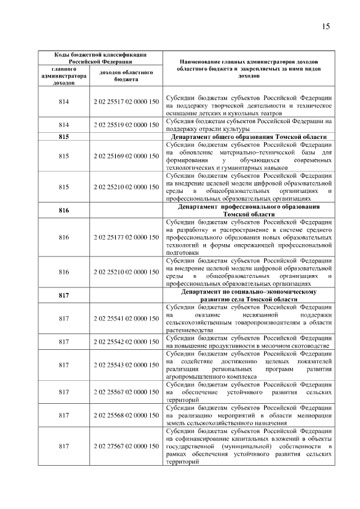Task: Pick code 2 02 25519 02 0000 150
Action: (x=126, y=125)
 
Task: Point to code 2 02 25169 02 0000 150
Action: (x=126, y=156)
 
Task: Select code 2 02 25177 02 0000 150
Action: (x=126, y=238)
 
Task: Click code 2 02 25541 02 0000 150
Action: (x=126, y=319)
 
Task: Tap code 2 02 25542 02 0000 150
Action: (x=126, y=341)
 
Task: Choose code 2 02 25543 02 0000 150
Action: (x=126, y=365)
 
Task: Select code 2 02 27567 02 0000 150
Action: (x=126, y=446)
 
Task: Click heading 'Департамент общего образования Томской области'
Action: (x=248, y=137)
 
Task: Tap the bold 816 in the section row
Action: (x=64, y=210)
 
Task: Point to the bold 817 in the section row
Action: (x=64, y=296)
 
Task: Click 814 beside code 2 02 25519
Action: (x=64, y=125)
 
